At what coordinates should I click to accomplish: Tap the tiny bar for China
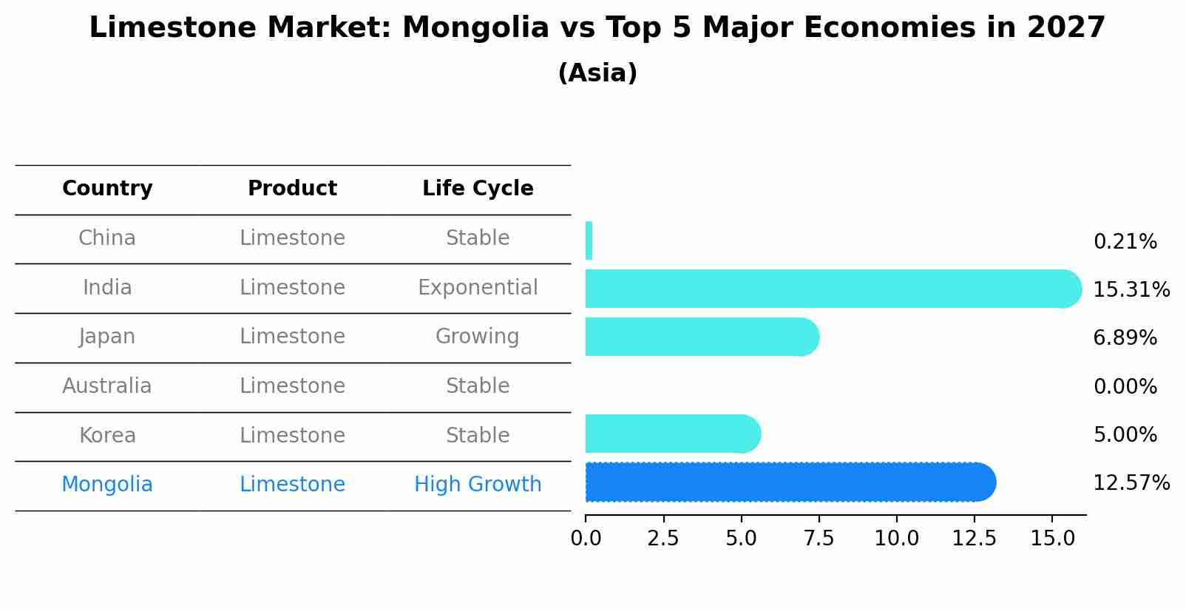pyautogui.click(x=589, y=240)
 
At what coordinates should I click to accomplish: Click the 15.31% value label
pyautogui.click(x=1131, y=289)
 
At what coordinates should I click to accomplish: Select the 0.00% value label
pyautogui.click(x=1125, y=386)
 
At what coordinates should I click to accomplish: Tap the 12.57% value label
pyautogui.click(x=1131, y=483)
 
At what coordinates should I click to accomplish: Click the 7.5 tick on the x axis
pyautogui.click(x=819, y=539)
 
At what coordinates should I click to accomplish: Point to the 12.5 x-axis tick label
pyautogui.click(x=974, y=539)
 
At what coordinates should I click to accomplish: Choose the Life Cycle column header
pyautogui.click(x=478, y=189)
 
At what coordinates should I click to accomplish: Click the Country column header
pyautogui.click(x=107, y=189)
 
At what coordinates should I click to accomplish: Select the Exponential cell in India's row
pyautogui.click(x=478, y=287)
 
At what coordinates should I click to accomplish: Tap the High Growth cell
pyautogui.click(x=478, y=485)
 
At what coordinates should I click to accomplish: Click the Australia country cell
pyautogui.click(x=107, y=386)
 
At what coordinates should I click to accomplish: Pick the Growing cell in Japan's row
pyautogui.click(x=478, y=337)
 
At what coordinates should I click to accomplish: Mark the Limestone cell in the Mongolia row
pyautogui.click(x=292, y=485)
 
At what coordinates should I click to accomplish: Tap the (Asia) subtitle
pyautogui.click(x=597, y=73)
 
